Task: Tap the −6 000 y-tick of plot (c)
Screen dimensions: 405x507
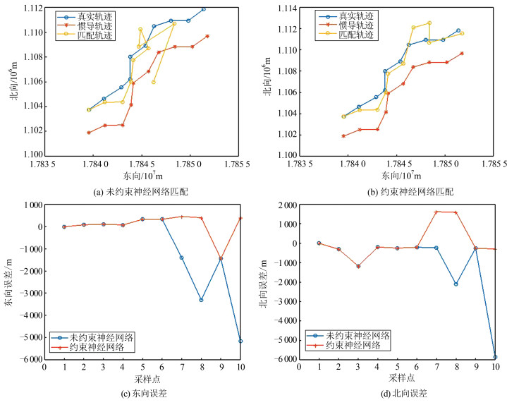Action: tap(24, 360)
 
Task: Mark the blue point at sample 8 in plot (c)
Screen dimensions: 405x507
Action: tap(202, 300)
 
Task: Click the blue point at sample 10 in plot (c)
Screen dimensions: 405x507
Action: tap(240, 341)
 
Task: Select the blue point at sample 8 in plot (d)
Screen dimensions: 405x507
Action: tap(456, 284)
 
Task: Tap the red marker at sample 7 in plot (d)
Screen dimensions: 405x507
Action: tap(436, 212)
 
